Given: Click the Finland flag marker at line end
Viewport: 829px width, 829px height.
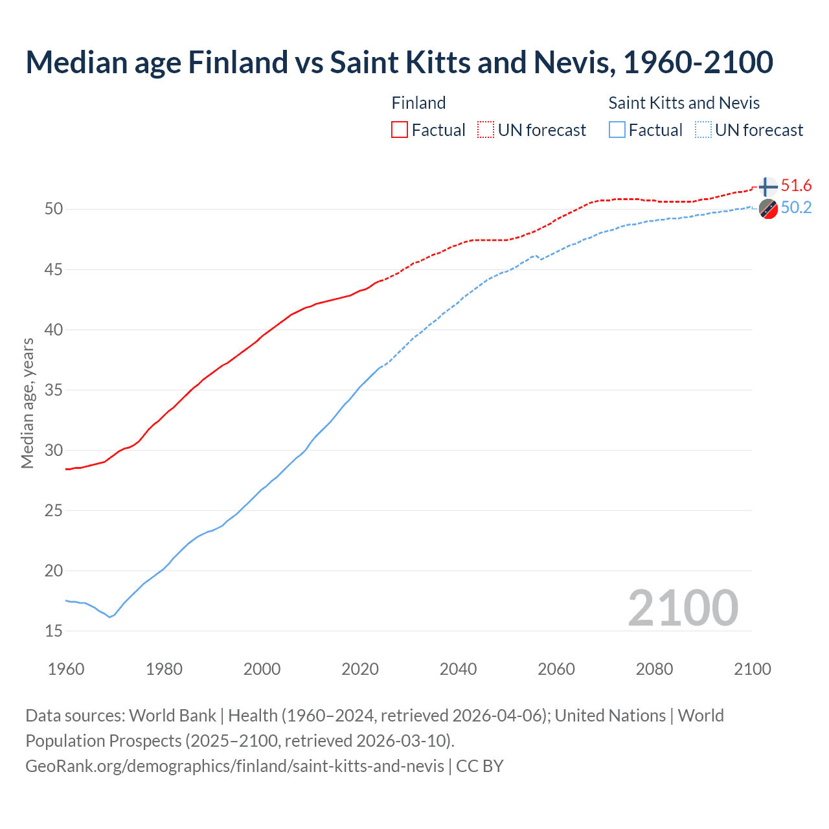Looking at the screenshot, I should tap(767, 187).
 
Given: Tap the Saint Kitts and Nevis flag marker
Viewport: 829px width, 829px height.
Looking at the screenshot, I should tap(767, 209).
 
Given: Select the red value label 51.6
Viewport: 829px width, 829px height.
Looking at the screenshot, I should tap(796, 186).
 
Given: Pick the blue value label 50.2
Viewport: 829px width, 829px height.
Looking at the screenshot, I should tap(796, 208).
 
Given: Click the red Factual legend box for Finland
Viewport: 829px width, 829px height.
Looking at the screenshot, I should tap(400, 130).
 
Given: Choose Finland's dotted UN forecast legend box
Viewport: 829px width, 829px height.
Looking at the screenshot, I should tap(486, 130).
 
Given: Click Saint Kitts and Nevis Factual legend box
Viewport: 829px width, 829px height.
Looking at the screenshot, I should tap(617, 130).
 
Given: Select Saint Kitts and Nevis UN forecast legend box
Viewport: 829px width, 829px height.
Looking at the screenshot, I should tap(703, 130).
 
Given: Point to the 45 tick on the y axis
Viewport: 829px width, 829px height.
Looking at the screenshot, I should tap(54, 269).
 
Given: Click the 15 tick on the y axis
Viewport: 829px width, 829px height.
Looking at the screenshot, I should tap(54, 631).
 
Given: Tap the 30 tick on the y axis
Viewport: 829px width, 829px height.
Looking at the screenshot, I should tap(54, 450).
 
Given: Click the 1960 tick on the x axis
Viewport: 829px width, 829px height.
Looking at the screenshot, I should tap(66, 669).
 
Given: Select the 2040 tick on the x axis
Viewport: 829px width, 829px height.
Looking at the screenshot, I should tap(458, 669).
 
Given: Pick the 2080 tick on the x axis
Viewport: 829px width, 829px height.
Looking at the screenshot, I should tap(654, 669).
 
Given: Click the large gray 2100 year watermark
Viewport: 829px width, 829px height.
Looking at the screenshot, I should tap(683, 608).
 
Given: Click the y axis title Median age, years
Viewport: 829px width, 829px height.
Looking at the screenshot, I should tap(27, 403).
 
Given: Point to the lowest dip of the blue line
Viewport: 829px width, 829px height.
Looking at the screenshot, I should tap(109, 617).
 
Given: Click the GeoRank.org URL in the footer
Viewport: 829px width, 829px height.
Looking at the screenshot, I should tap(234, 766).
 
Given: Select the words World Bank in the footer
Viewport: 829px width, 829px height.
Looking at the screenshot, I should tap(172, 716).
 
